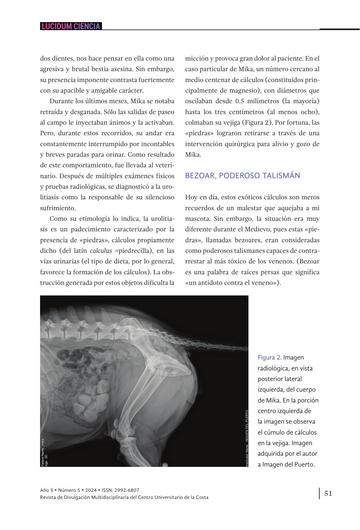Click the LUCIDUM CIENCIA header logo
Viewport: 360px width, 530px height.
(x=71, y=26)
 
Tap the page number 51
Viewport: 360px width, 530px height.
(x=328, y=493)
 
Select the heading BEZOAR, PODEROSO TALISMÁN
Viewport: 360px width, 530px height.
(x=243, y=176)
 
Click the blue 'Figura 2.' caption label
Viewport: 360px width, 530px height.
(x=270, y=357)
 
